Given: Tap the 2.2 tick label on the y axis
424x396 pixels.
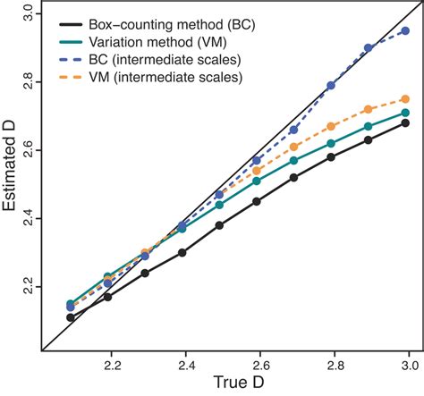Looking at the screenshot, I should pyautogui.click(x=28, y=286).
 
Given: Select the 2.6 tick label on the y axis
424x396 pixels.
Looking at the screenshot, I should pyautogui.click(x=28, y=150).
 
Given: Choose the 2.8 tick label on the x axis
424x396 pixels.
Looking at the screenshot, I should pyautogui.click(x=331, y=364).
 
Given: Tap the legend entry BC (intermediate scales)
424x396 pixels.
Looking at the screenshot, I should pyautogui.click(x=157, y=61).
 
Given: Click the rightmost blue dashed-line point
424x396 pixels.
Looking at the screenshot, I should pyautogui.click(x=405, y=30).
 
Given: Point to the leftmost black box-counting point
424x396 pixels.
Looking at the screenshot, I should pyautogui.click(x=72, y=317).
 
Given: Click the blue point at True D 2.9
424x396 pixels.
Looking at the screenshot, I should pyautogui.click(x=369, y=47).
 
